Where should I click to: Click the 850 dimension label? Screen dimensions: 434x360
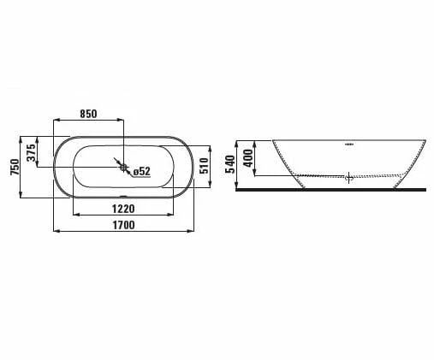88,114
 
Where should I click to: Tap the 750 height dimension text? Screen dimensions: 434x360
15,167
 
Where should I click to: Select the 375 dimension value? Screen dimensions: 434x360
32,153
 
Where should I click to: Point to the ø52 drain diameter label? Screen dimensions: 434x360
142,171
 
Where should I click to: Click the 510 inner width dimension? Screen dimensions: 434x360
205,166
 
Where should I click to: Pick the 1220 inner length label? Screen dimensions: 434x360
123,209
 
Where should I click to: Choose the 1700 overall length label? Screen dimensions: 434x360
124,225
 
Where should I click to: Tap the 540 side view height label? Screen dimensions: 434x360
230,164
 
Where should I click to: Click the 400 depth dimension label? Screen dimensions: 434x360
248,158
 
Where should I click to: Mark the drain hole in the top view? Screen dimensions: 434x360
123,168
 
